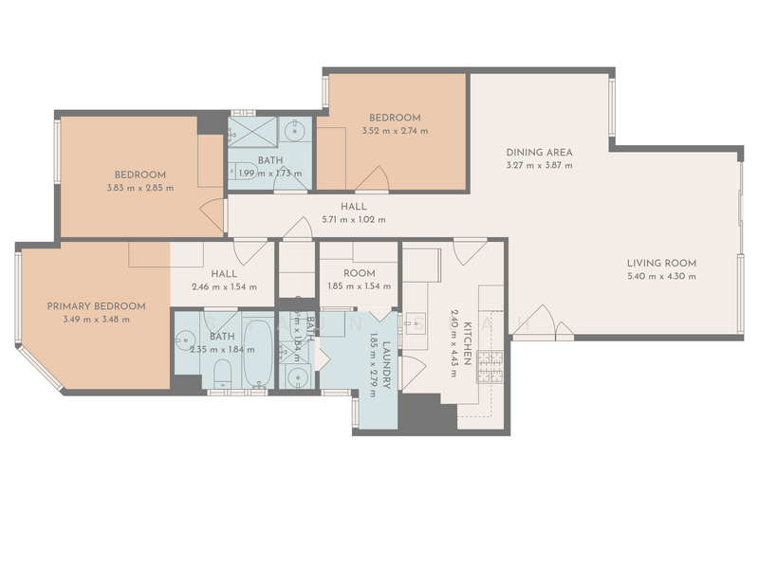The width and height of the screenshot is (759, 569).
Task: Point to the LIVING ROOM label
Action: coord(661,263)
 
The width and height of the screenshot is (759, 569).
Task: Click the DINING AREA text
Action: coord(539,152)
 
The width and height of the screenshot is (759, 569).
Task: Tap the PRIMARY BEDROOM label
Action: coord(97,306)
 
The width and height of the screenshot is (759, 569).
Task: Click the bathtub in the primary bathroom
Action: coord(256,351)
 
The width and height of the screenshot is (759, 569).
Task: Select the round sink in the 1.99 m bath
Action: coord(295,128)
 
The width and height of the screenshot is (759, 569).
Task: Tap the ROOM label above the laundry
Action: coord(360,273)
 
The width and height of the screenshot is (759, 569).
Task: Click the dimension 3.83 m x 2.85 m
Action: coord(140,188)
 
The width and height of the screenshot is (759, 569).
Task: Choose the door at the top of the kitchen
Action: coord(464,251)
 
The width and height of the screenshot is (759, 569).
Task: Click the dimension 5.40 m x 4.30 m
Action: coord(661,276)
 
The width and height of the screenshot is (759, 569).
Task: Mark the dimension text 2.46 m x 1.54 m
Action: coord(224,286)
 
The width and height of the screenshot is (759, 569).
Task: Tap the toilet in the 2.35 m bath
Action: coord(219,372)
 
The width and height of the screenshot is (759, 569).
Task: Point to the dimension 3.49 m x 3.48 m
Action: coord(97,320)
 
